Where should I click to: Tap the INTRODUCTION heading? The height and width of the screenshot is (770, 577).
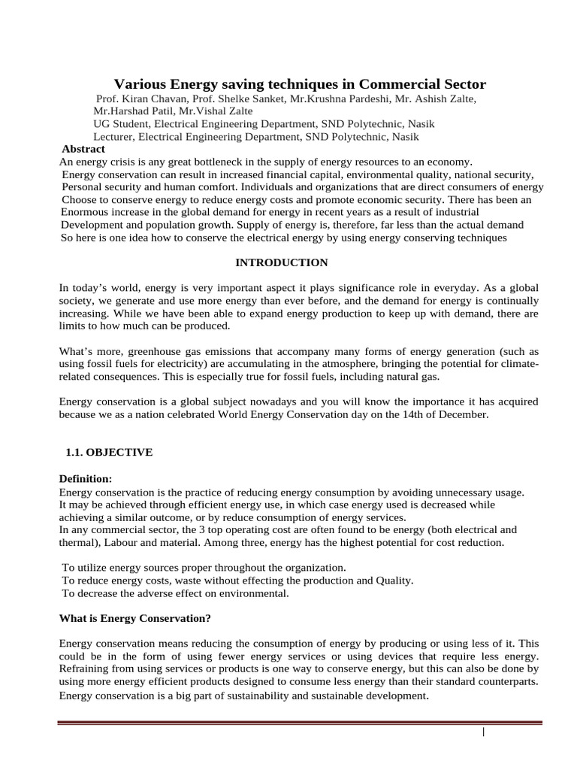(x=282, y=262)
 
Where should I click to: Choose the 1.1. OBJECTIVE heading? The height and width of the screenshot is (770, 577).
(x=110, y=452)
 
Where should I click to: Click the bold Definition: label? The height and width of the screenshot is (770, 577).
(x=86, y=479)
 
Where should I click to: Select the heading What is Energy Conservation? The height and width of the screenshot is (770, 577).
(x=134, y=619)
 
